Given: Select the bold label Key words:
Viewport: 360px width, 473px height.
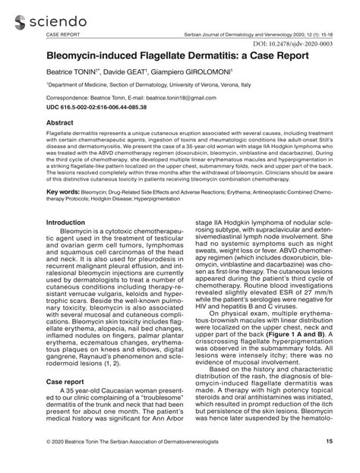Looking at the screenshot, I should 63,193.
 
